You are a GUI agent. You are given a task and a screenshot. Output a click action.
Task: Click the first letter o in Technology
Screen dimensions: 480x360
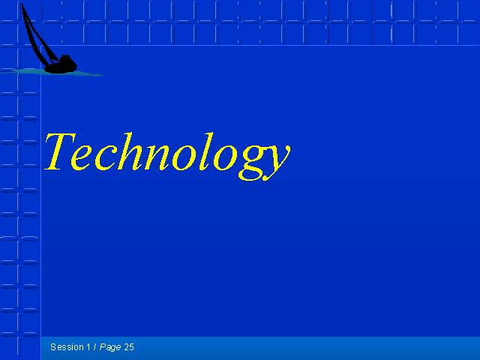(x=183, y=159)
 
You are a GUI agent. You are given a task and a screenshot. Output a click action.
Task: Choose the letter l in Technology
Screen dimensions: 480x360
(x=205, y=151)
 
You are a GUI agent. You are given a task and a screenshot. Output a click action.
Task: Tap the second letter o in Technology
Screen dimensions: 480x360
(x=225, y=159)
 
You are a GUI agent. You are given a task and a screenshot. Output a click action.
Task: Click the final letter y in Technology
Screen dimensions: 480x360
(x=275, y=164)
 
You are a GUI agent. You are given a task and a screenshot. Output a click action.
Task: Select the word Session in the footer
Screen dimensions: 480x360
(x=67, y=347)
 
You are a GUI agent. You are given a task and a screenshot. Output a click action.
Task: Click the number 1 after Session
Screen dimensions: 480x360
(x=88, y=347)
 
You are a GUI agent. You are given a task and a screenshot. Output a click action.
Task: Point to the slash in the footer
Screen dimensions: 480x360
(x=95, y=347)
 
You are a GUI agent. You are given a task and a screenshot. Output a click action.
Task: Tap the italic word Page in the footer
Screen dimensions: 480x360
(x=110, y=348)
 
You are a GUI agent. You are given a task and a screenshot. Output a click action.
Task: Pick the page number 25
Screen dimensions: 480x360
(x=129, y=347)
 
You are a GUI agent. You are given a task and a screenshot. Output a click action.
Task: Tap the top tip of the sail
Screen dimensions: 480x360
(x=22, y=3)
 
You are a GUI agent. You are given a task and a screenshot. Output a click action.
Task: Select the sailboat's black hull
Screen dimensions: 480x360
(x=60, y=68)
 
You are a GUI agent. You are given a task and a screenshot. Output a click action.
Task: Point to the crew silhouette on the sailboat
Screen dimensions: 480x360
(x=66, y=59)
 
